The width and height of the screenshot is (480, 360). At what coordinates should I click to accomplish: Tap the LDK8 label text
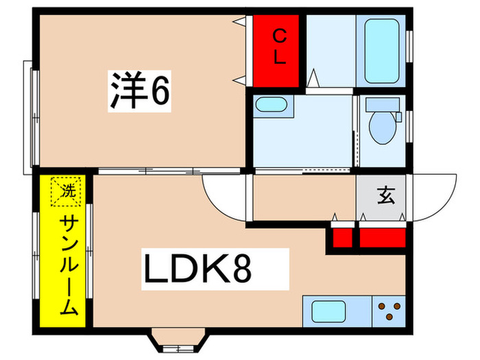point(197,269)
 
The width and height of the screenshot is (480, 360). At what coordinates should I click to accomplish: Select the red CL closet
point(278,51)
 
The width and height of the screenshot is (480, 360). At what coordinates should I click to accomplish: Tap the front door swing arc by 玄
point(433,196)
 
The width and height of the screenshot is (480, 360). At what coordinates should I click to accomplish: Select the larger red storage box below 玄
point(381,237)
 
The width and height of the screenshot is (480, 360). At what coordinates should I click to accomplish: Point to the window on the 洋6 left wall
point(27,117)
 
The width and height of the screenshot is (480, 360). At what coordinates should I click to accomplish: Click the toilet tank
point(381,105)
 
